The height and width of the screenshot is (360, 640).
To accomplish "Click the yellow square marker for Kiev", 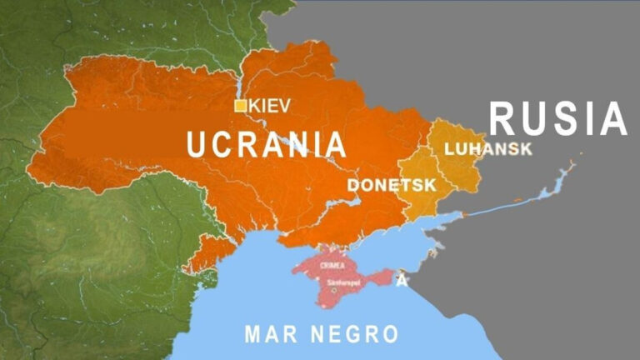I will [240, 105].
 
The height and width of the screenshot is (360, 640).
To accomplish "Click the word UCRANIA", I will [266, 144].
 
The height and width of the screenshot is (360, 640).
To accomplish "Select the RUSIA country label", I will [557, 119].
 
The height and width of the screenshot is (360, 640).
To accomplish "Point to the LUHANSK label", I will [487, 149].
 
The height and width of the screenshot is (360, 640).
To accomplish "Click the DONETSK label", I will [392, 184].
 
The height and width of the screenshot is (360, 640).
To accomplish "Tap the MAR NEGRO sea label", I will [321, 335].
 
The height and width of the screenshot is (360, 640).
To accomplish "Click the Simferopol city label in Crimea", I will [342, 282].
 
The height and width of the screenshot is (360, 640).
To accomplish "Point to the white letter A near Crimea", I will [401, 280].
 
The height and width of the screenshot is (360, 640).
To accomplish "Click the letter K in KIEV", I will [254, 105].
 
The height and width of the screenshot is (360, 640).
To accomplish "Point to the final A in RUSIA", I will [612, 119].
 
